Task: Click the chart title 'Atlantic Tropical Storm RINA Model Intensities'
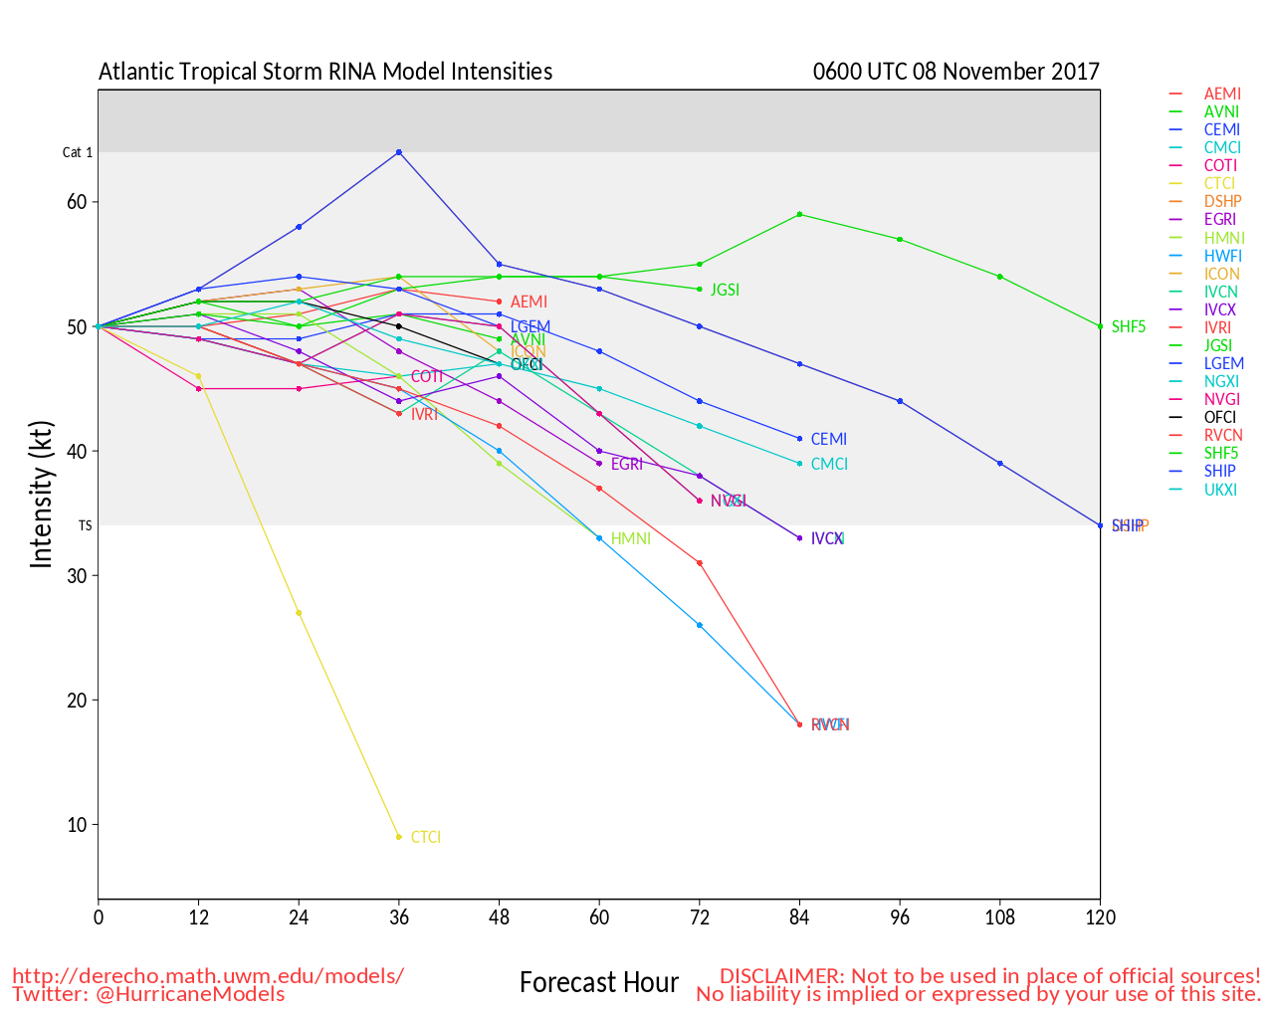(325, 72)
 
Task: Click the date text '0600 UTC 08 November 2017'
(955, 72)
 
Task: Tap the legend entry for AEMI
(1222, 94)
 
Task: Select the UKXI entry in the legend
(1220, 489)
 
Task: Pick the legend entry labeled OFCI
(1220, 417)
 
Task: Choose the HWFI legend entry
(1222, 256)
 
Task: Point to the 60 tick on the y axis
(78, 202)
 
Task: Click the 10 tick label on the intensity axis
(78, 825)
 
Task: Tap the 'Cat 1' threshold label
(78, 152)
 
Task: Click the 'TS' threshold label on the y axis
(86, 525)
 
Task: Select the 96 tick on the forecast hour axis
(900, 917)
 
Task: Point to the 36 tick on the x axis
(399, 917)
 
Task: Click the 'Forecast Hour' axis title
(599, 983)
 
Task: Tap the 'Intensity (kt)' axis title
(41, 495)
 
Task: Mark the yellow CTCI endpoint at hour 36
(399, 837)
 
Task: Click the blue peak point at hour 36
(399, 152)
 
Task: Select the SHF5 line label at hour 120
(1129, 326)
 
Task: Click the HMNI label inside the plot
(631, 538)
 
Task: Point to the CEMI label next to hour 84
(829, 439)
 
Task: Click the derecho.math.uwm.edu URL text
(208, 975)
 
